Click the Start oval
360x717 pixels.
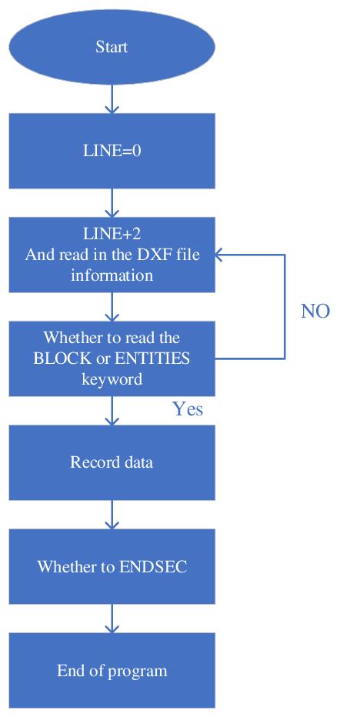[112, 47]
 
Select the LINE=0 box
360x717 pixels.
[112, 151]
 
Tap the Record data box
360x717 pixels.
[112, 462]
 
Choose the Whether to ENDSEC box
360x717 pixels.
[112, 567]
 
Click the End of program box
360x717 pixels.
[112, 671]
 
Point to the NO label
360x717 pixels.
[315, 311]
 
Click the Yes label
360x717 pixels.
[188, 409]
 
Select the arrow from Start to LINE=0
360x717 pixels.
[112, 98]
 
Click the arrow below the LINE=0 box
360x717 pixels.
[112, 203]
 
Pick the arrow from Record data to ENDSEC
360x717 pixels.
[112, 515]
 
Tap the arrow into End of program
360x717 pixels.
[112, 619]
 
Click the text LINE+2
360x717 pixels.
[112, 235]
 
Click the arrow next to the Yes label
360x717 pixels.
[112, 411]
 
